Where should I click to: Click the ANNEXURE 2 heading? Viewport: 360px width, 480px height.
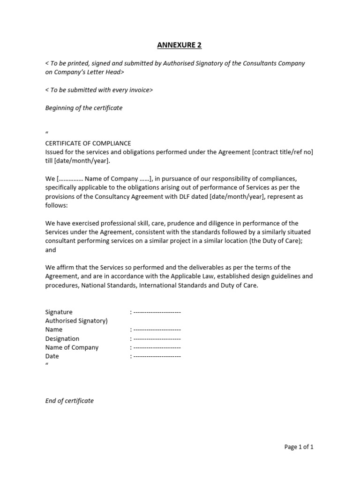point(180,45)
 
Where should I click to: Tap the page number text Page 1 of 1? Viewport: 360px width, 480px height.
point(299,447)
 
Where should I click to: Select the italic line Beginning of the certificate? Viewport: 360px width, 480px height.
point(83,108)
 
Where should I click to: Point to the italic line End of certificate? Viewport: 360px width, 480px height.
point(69,401)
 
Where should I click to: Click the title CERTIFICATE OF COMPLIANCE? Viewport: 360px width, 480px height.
point(88,143)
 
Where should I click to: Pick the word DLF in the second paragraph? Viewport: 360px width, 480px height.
point(196,197)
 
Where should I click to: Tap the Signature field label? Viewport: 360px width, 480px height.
point(59,312)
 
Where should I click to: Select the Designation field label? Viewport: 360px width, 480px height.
point(62,338)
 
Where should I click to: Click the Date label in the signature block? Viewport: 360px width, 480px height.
point(52,356)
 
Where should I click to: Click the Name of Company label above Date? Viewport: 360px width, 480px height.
point(72,347)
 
